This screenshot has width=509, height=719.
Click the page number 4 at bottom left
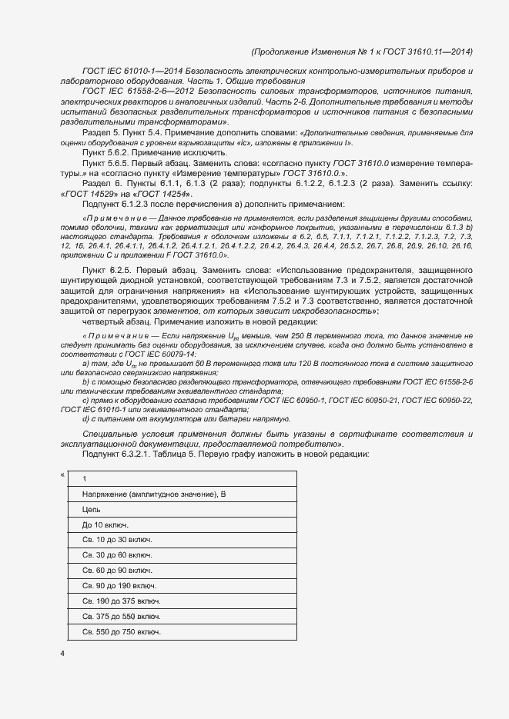(x=62, y=654)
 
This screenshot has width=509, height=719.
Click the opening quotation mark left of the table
(x=62, y=474)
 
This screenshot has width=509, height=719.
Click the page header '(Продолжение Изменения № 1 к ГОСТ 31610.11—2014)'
(x=362, y=52)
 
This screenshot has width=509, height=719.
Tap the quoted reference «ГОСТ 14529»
(x=89, y=193)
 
